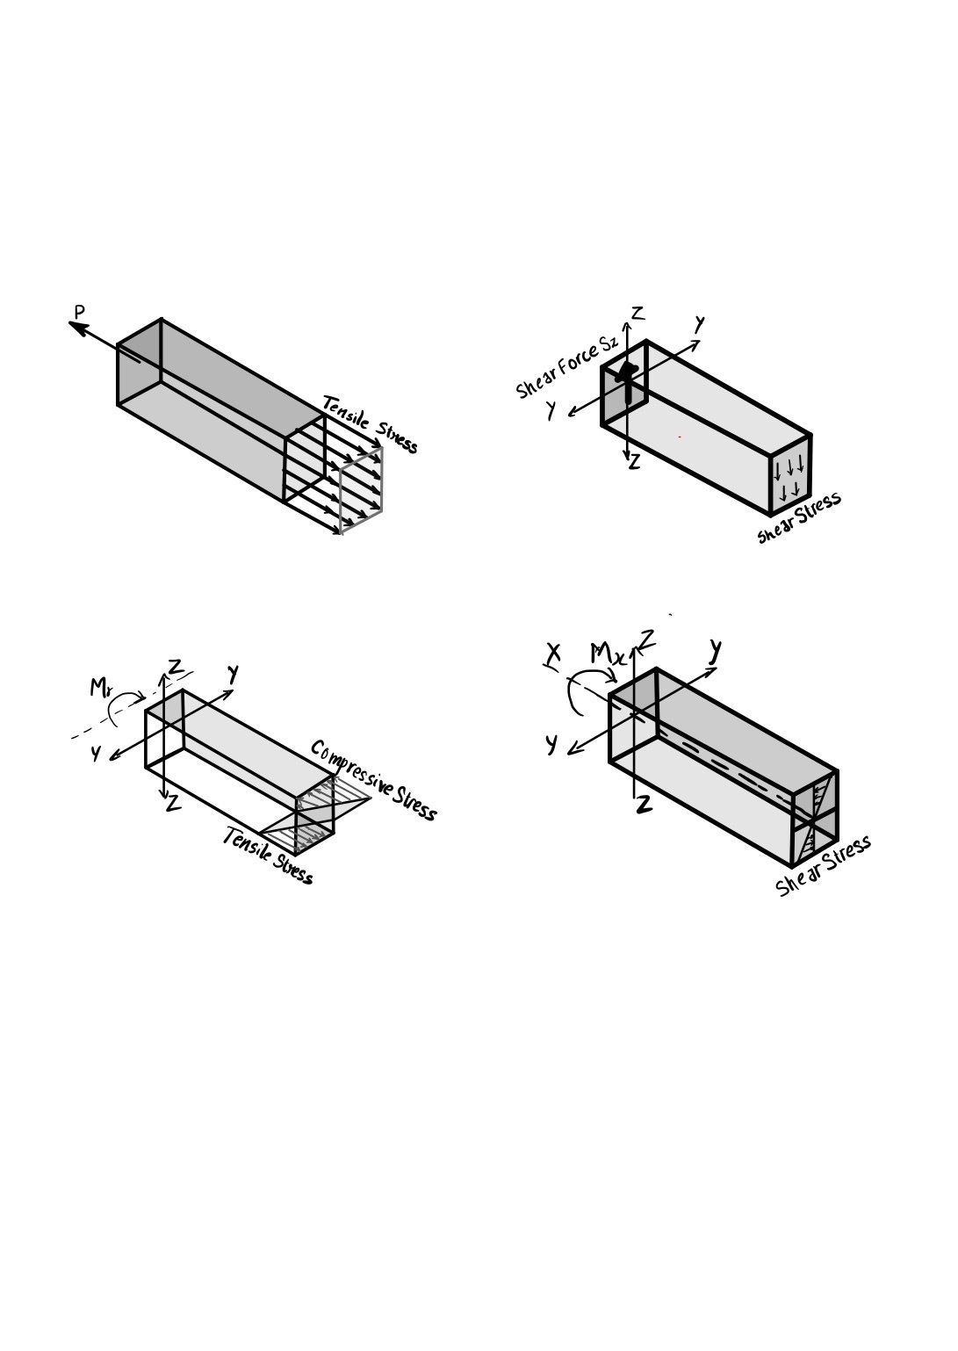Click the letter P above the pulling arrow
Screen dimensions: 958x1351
coord(80,312)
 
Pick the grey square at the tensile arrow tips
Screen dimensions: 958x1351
coord(361,490)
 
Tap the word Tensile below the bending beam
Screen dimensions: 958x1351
coord(245,844)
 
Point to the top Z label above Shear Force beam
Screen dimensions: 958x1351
coord(637,313)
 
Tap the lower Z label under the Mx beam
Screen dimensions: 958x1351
coord(644,804)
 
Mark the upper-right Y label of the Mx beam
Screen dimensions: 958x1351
coord(716,651)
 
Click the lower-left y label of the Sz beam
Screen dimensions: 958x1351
coord(551,410)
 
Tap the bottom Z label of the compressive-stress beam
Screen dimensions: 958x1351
coord(174,804)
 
